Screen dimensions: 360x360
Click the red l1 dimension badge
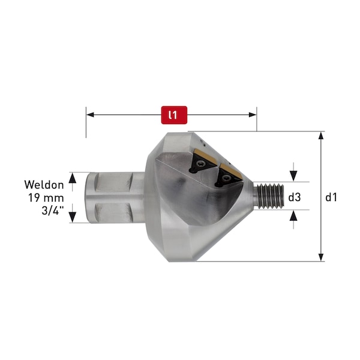click(174, 115)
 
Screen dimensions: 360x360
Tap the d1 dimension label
click(331, 197)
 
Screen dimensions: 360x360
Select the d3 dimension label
click(295, 197)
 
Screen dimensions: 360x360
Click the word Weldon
click(44, 185)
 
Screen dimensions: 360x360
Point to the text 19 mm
click(46, 197)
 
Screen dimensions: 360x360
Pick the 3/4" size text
click(53, 210)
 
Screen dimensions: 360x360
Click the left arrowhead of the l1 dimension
click(90, 115)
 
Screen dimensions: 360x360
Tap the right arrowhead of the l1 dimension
click(253, 115)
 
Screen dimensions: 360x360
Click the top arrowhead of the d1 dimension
click(321, 136)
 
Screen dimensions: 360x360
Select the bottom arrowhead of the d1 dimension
click(321, 257)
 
